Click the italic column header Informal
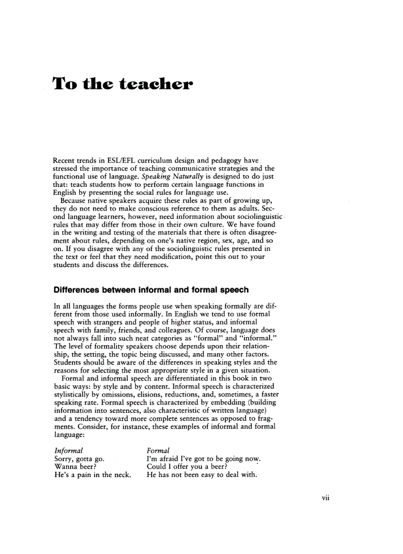tap(69, 451)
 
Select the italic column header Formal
tap(159, 451)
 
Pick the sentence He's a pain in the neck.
tap(92, 475)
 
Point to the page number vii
tap(325, 497)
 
